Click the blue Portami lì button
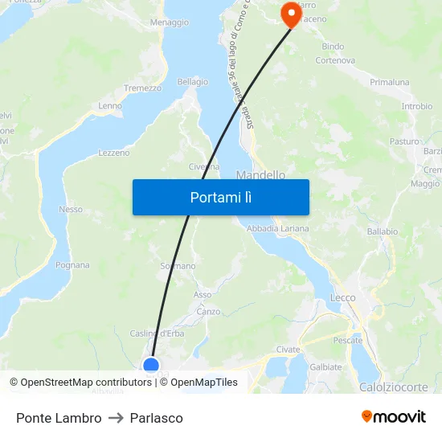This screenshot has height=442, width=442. click(x=220, y=197)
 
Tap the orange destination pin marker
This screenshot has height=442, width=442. click(x=288, y=14)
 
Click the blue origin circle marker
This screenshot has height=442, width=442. click(x=150, y=366)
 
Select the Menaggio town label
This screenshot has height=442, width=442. click(x=169, y=23)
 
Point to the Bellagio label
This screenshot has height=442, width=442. click(x=192, y=82)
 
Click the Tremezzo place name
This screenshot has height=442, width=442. click(x=142, y=88)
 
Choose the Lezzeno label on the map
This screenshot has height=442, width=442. click(x=113, y=153)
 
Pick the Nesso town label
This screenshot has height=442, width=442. click(x=71, y=210)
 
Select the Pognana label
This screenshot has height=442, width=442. click(x=72, y=265)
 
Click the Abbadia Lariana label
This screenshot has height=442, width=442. click(x=277, y=229)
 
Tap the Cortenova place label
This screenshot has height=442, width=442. click(x=335, y=60)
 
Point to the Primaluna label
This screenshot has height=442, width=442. click(x=390, y=83)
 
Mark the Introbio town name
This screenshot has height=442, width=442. click(x=416, y=106)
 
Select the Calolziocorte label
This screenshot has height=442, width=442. click(x=394, y=387)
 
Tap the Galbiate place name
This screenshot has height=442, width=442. click(x=325, y=366)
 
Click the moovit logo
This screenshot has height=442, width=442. click(x=393, y=417)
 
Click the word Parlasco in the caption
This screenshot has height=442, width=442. click(x=156, y=418)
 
